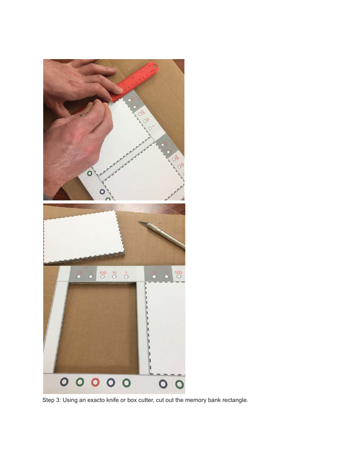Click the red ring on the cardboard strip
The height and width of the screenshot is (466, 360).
95,382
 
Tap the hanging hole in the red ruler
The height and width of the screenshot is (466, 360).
155,68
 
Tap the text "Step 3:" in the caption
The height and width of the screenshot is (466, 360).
51,400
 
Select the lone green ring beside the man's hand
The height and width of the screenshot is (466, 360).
89,174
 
